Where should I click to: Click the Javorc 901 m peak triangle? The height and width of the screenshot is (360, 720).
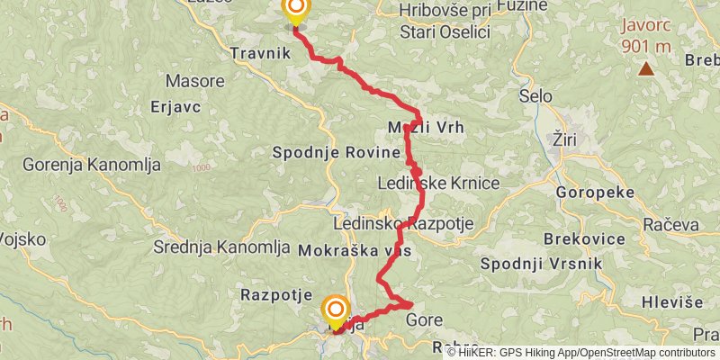(x=646, y=68)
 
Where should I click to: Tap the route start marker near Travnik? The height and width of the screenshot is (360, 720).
(x=295, y=11)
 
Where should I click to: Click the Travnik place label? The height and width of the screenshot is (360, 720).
(x=260, y=53)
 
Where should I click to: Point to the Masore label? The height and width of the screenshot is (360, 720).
(x=196, y=81)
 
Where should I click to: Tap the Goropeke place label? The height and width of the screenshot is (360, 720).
(x=595, y=193)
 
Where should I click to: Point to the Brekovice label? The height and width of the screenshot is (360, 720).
(x=585, y=239)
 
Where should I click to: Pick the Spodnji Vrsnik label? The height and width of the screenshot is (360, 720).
(x=536, y=264)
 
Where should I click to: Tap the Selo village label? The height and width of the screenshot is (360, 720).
(x=536, y=95)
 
